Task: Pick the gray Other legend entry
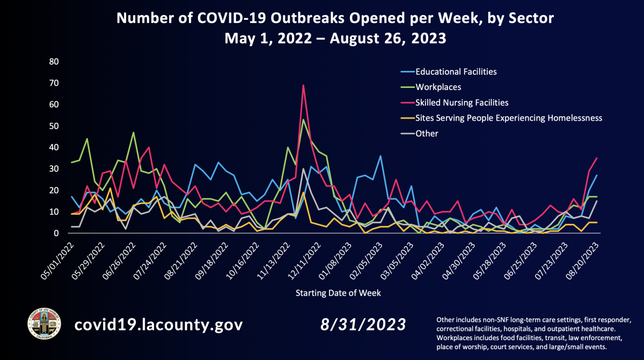click(427, 133)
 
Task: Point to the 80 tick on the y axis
click(54, 61)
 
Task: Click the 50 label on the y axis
click(54, 126)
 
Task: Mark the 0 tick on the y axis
click(56, 233)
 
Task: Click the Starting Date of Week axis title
click(338, 293)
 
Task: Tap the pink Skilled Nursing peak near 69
click(303, 85)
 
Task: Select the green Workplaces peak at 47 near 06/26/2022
click(133, 133)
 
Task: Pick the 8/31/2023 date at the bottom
click(363, 325)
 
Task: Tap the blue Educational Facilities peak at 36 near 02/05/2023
click(380, 156)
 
